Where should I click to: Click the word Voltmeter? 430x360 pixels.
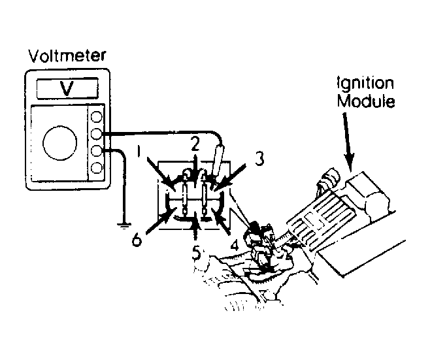(67, 56)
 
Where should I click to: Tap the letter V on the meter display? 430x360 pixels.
(67, 88)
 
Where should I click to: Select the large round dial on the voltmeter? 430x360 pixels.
(59, 143)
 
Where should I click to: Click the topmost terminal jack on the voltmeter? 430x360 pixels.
(96, 116)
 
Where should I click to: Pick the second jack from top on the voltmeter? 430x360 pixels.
(96, 134)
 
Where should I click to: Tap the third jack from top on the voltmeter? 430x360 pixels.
(96, 150)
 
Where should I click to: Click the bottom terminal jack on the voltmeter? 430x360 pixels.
(96, 167)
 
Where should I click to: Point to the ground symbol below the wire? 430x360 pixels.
(124, 225)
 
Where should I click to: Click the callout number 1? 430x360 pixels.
(139, 151)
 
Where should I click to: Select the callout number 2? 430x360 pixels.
(195, 144)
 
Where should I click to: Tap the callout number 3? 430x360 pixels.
(259, 159)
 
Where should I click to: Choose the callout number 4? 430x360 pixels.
(235, 245)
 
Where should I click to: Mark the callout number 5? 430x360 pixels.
(196, 252)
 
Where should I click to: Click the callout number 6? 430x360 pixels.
(137, 240)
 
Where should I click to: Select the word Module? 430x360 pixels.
(366, 101)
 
